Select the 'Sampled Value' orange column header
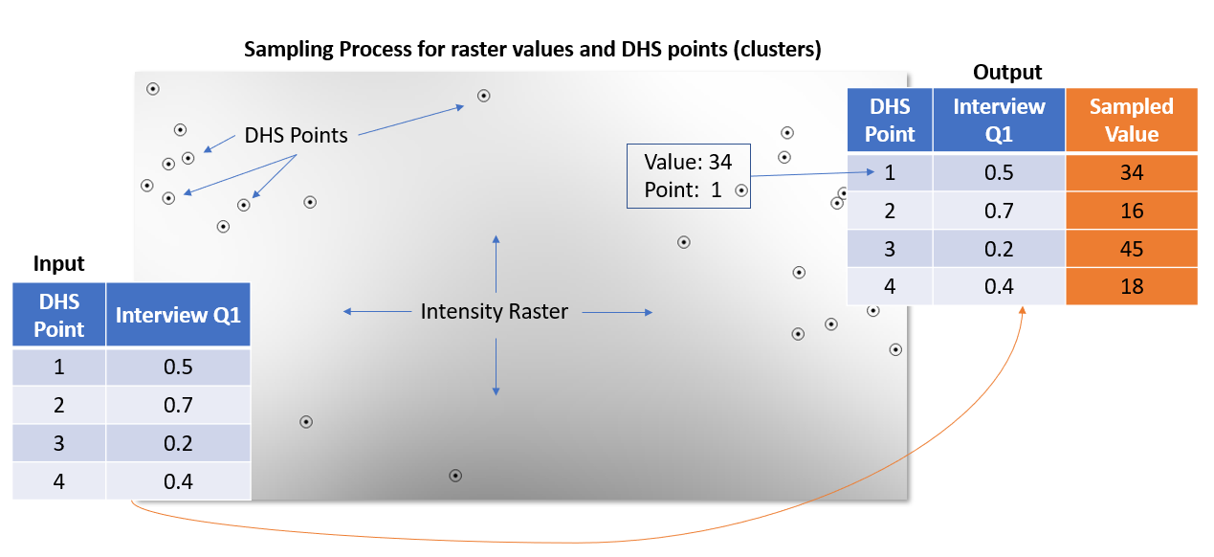(1132, 120)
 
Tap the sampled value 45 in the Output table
(1132, 249)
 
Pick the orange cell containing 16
(1132, 211)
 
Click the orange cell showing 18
(1132, 286)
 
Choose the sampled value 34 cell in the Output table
(1132, 172)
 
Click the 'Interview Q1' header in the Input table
(178, 315)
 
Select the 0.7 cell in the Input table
(178, 405)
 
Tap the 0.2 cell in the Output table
(999, 249)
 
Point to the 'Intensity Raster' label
(494, 311)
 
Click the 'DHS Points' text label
(296, 135)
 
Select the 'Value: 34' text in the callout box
(688, 162)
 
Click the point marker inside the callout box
(741, 190)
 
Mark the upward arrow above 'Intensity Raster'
(496, 264)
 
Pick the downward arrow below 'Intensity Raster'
(496, 367)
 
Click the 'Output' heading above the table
(1007, 72)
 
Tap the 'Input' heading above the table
(58, 263)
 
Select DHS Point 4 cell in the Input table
(58, 481)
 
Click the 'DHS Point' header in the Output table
(890, 120)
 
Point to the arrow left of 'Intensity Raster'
(377, 311)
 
